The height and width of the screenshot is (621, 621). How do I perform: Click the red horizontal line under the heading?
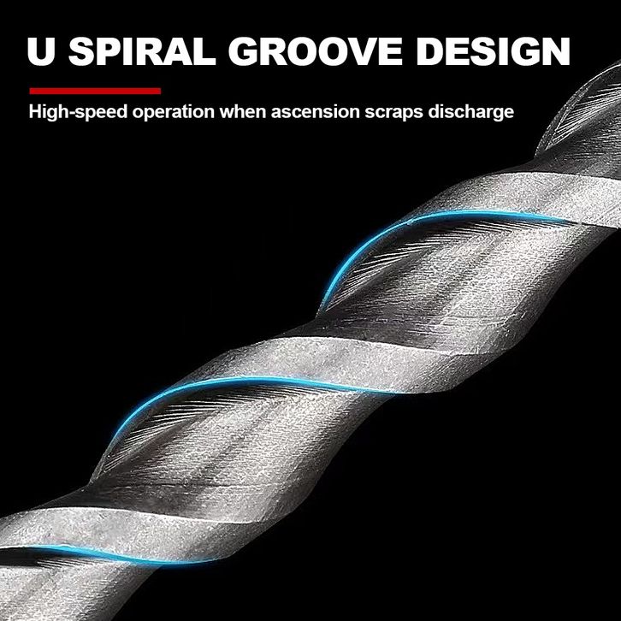95,90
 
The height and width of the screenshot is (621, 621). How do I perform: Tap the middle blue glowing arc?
214,389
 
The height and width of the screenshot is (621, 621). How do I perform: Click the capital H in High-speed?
35,112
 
